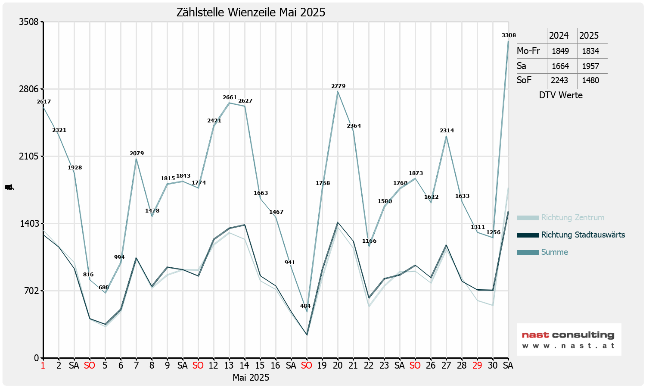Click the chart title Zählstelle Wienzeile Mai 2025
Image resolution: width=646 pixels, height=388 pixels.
[251, 12]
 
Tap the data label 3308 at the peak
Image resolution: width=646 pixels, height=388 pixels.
[509, 35]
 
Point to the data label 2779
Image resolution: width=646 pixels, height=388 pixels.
[338, 86]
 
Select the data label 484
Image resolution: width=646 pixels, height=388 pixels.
[305, 306]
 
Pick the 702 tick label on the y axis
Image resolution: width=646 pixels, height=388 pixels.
[31, 291]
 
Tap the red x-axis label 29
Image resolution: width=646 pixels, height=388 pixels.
[477, 366]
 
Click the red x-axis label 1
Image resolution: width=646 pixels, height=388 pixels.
[43, 366]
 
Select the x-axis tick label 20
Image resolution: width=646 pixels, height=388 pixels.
[338, 366]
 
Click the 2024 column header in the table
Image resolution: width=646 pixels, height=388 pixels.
[559, 36]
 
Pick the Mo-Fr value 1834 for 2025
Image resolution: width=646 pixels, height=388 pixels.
[590, 51]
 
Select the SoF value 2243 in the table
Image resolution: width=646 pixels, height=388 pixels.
[559, 80]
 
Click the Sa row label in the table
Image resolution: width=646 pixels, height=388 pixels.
[522, 66]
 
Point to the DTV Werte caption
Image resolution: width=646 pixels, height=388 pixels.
[561, 95]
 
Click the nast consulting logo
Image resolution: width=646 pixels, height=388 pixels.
[568, 339]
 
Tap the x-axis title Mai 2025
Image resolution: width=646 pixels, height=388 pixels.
[251, 378]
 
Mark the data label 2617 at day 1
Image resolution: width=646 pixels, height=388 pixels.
[43, 102]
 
